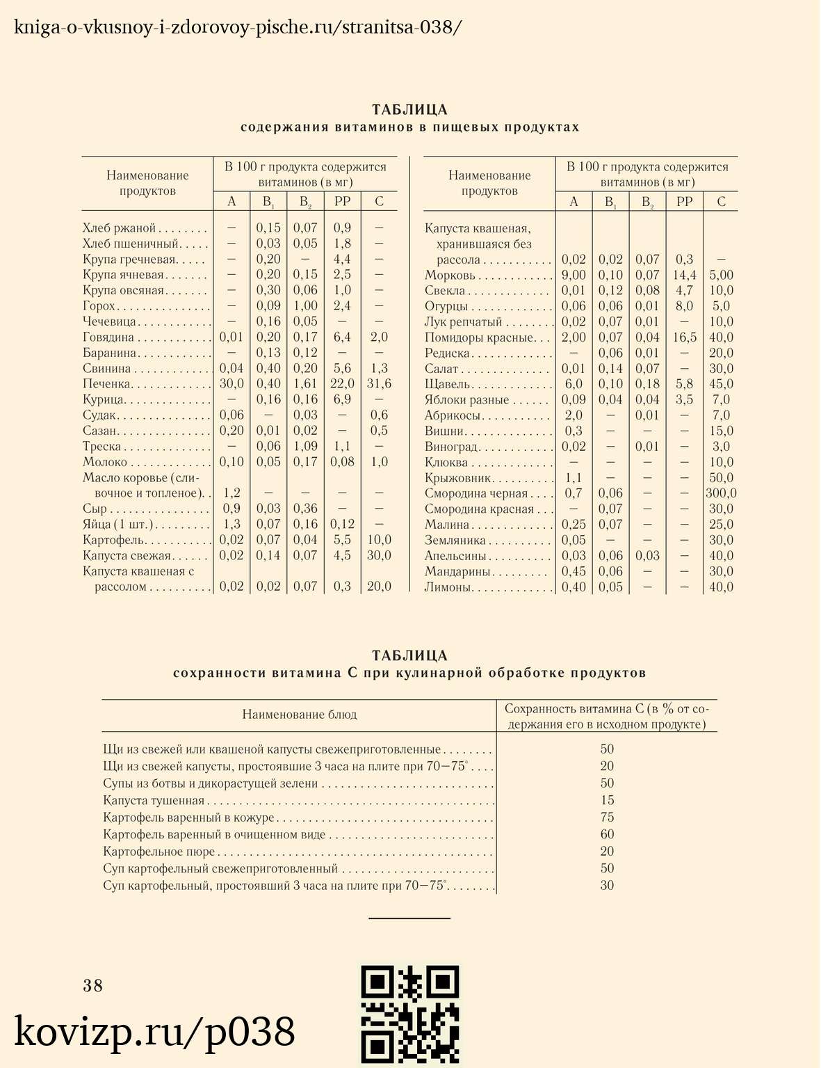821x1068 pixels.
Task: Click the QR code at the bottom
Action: coord(409,1014)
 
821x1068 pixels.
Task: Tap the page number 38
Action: coord(93,985)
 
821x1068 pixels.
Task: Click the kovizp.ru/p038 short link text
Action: coord(155,1032)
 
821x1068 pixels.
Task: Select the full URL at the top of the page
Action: coord(238,27)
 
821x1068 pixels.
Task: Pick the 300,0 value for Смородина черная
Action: coord(720,493)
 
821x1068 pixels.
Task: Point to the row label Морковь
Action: coord(450,276)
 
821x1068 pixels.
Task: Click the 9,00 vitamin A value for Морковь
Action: coord(574,276)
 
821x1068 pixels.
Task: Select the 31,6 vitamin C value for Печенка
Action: coord(379,384)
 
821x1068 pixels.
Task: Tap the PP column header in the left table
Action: coord(342,202)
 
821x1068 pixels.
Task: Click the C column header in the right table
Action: coord(721,202)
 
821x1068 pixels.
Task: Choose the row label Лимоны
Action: coord(448,587)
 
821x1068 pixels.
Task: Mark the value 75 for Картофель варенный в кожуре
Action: coord(607,818)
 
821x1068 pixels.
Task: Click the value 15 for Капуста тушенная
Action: coord(607,801)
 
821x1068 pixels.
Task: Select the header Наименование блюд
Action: coord(300,715)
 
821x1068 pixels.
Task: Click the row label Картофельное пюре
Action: coord(159,852)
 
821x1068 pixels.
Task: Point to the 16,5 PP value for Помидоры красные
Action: coord(684,337)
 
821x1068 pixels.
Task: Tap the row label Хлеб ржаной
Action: coord(119,228)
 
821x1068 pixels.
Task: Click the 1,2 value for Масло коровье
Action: coord(231,493)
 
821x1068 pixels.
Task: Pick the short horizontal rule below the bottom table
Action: coord(409,918)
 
